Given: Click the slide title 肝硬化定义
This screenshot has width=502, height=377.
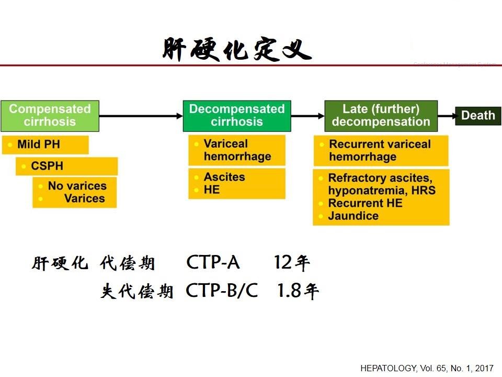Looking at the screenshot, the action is point(237,49).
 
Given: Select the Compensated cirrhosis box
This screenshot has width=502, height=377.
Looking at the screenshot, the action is point(50,116).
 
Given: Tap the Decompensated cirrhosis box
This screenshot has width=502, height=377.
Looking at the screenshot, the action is point(237,116).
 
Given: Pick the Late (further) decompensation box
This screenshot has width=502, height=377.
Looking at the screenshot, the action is point(381,116).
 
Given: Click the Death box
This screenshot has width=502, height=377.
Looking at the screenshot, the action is point(478,115).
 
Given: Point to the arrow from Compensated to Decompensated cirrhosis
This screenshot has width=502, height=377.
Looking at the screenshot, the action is point(141,116).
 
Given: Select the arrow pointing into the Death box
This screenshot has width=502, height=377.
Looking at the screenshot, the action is point(447,116).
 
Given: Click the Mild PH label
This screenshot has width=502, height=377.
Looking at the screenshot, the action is point(39,145).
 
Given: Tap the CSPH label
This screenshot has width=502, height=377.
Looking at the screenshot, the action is point(47,166).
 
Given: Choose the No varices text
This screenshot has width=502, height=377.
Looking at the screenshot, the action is point(77,185).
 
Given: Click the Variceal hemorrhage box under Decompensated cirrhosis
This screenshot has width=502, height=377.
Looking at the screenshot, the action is point(237,150).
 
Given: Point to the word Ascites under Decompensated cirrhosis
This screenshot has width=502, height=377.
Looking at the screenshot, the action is point(224,177).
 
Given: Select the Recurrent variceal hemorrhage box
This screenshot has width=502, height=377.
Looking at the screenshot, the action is point(381,151).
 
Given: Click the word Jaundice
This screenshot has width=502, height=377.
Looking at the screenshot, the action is point(353,216).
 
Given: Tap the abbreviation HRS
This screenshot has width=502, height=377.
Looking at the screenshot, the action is point(423,191).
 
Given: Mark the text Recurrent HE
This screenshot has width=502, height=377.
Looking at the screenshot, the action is point(366,203).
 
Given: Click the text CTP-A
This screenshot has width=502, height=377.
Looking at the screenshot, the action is point(213,262).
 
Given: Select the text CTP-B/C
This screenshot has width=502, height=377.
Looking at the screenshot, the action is point(222,291).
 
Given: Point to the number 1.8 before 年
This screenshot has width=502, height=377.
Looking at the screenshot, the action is point(289,291).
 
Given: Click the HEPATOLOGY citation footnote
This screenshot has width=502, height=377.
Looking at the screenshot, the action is point(427,368).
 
